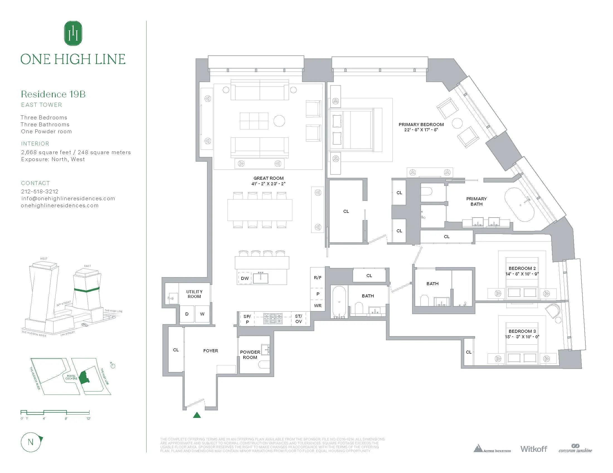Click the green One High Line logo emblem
(x=73, y=33)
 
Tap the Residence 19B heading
(x=53, y=94)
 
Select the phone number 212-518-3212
(x=40, y=191)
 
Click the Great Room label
(x=268, y=178)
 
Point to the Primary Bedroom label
(x=421, y=124)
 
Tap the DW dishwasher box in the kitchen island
(x=245, y=278)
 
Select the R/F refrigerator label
(x=318, y=278)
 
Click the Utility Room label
(x=194, y=294)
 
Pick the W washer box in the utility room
(x=202, y=314)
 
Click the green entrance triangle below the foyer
(x=197, y=415)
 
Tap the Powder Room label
(x=250, y=354)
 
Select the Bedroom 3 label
(x=522, y=331)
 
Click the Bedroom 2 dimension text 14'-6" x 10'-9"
(x=522, y=274)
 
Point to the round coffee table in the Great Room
(x=279, y=121)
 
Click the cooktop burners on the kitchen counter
(x=273, y=319)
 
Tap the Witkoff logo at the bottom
(x=534, y=449)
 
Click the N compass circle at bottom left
(x=31, y=442)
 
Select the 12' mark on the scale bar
(x=88, y=418)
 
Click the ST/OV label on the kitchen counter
(x=298, y=319)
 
